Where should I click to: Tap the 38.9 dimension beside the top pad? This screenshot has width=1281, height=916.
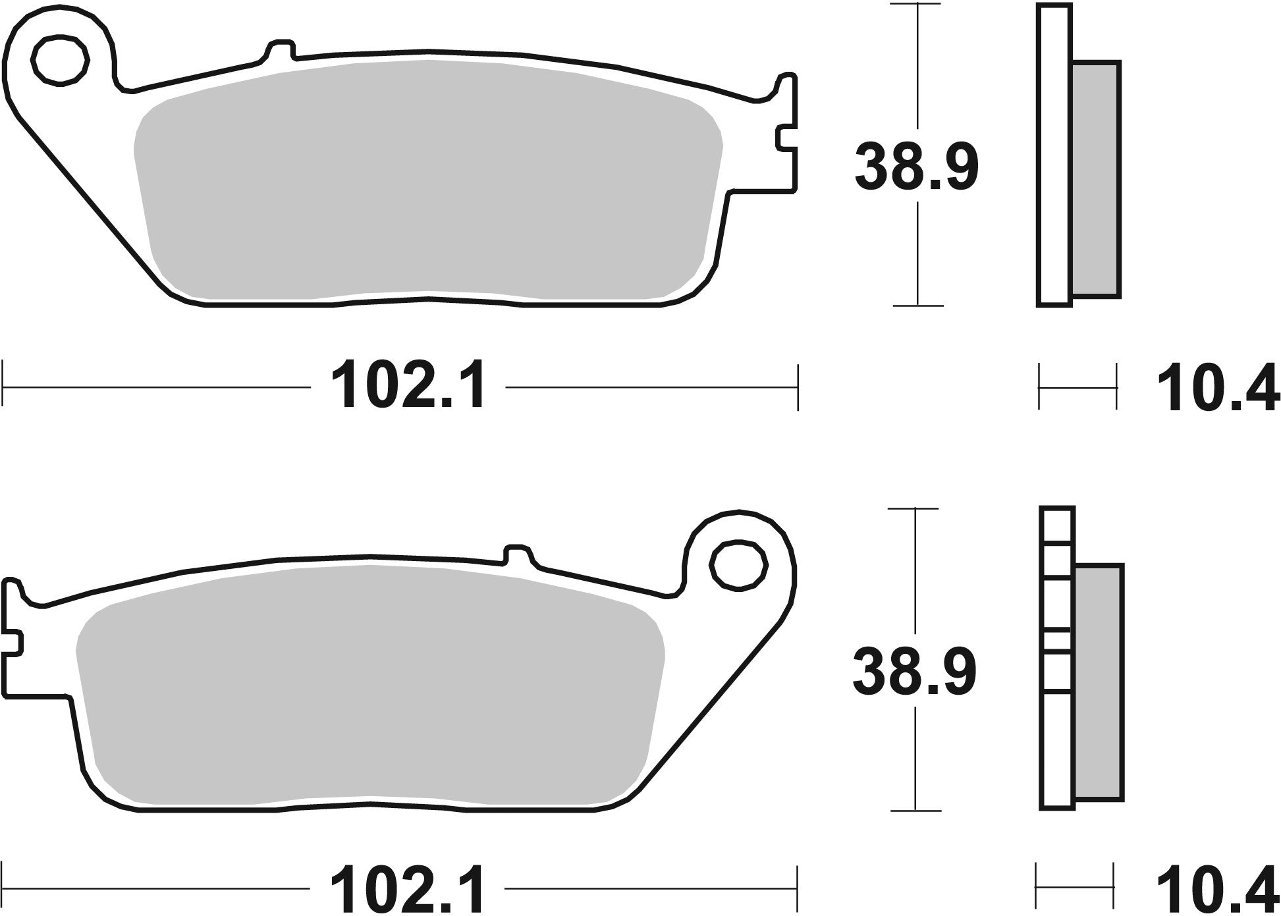(x=916, y=168)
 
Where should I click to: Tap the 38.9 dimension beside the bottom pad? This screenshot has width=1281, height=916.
(x=914, y=672)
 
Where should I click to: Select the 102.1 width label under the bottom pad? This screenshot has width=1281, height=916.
(x=409, y=888)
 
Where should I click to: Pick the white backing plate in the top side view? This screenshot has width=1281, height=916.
(x=1054, y=155)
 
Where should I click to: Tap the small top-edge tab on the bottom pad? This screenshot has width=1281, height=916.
(x=517, y=554)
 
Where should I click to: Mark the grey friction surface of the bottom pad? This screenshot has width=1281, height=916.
(x=369, y=685)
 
